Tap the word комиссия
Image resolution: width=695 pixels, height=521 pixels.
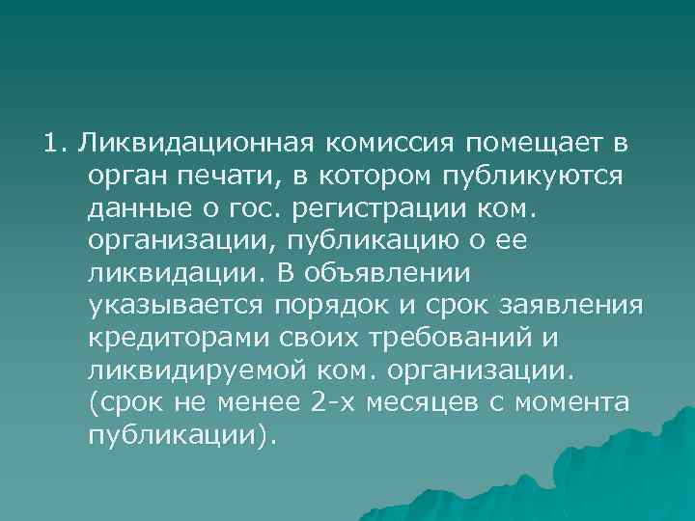pyautogui.click(x=398, y=145)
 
